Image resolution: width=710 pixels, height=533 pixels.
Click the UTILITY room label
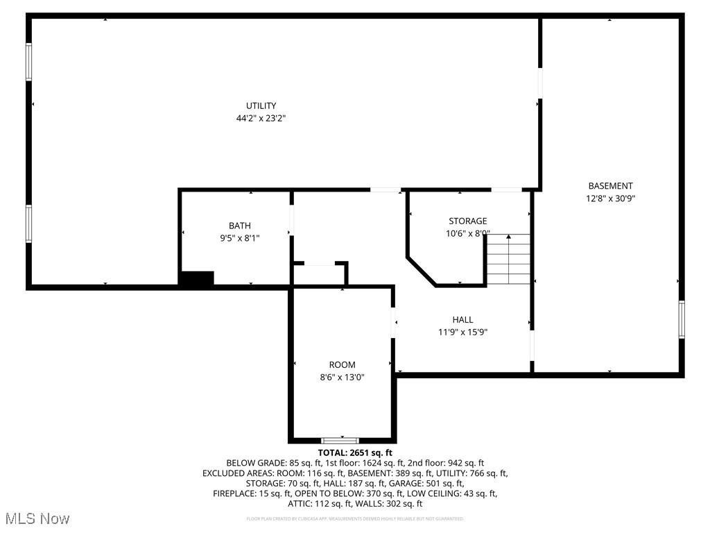(x=261, y=105)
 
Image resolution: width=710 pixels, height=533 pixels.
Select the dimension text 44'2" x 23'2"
(x=261, y=119)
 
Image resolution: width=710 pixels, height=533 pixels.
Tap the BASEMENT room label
(x=610, y=185)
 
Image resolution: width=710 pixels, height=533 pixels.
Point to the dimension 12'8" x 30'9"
(x=610, y=198)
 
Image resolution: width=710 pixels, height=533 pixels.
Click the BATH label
(x=240, y=225)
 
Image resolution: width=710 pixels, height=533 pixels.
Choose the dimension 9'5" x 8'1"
(x=240, y=238)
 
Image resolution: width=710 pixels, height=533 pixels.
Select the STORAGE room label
(x=467, y=221)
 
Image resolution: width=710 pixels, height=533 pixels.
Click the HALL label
(x=462, y=319)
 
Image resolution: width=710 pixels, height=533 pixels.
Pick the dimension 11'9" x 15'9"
(x=462, y=332)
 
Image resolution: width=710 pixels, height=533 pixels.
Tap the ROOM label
(x=342, y=364)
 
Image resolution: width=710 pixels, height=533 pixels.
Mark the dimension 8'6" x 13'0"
(x=342, y=378)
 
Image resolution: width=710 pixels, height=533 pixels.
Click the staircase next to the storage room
(x=508, y=260)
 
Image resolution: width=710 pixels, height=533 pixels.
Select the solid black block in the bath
(x=197, y=278)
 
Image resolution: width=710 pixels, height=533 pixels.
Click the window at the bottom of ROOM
(x=340, y=440)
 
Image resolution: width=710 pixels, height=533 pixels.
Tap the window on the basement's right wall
(x=682, y=319)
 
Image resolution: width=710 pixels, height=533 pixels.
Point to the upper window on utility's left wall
(x=29, y=62)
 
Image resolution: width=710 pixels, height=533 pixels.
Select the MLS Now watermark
(x=36, y=518)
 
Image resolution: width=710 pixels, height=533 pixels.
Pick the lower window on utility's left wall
(x=29, y=223)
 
